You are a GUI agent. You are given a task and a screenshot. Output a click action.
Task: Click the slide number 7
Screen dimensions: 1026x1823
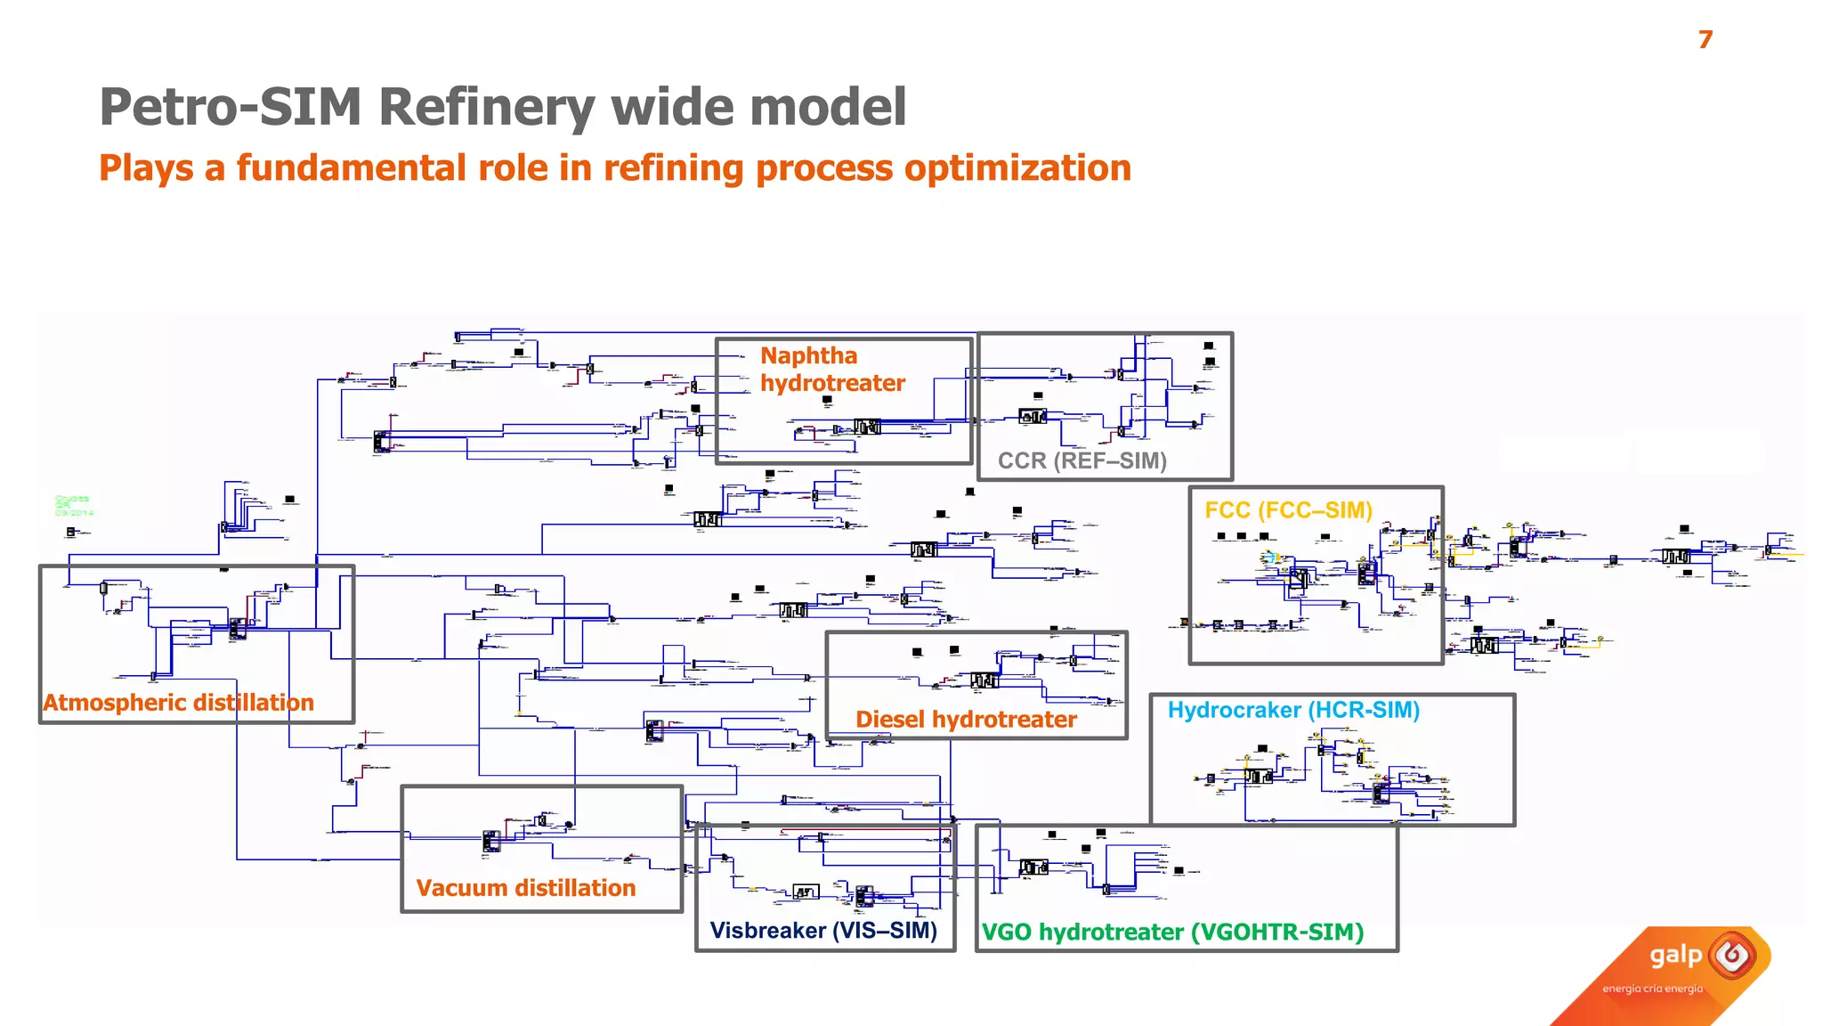(x=1705, y=40)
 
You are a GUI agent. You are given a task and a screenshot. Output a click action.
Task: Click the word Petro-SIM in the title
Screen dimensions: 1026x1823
(x=231, y=107)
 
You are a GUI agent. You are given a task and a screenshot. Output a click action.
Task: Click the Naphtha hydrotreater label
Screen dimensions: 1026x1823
(x=831, y=370)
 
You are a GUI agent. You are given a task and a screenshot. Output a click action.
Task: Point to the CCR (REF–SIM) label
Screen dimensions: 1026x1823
(x=1082, y=460)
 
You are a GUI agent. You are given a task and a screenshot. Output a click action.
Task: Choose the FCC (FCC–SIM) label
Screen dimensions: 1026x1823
(x=1288, y=510)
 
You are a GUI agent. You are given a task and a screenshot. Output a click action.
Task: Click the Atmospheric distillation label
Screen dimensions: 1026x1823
(x=178, y=703)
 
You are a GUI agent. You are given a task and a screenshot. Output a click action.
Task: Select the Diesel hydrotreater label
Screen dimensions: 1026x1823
(x=966, y=720)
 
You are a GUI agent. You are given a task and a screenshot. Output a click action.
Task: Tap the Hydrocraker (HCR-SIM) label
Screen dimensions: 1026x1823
(x=1292, y=710)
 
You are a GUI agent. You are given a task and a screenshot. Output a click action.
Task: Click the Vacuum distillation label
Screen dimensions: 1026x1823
(x=525, y=888)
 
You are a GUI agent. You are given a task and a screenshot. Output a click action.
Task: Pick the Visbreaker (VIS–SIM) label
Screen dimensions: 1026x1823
(x=823, y=931)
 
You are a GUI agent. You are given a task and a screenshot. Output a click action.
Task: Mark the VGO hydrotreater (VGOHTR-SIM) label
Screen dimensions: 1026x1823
(x=1172, y=932)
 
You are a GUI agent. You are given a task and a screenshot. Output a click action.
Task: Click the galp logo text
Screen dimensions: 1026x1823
(x=1675, y=956)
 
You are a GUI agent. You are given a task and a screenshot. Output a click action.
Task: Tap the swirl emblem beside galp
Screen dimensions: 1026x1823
(x=1732, y=957)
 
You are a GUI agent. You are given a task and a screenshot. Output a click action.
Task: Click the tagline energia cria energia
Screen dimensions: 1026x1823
(x=1652, y=989)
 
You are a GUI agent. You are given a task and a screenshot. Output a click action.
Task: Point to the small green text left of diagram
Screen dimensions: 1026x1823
(x=73, y=506)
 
